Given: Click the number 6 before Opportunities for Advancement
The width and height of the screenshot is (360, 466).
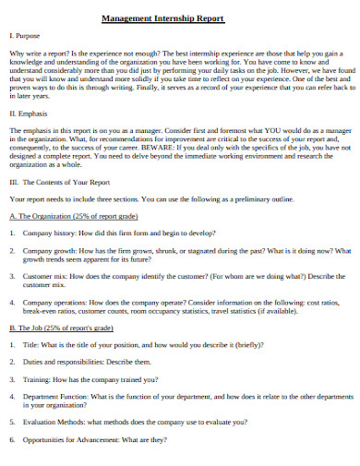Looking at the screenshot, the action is (11, 438).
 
